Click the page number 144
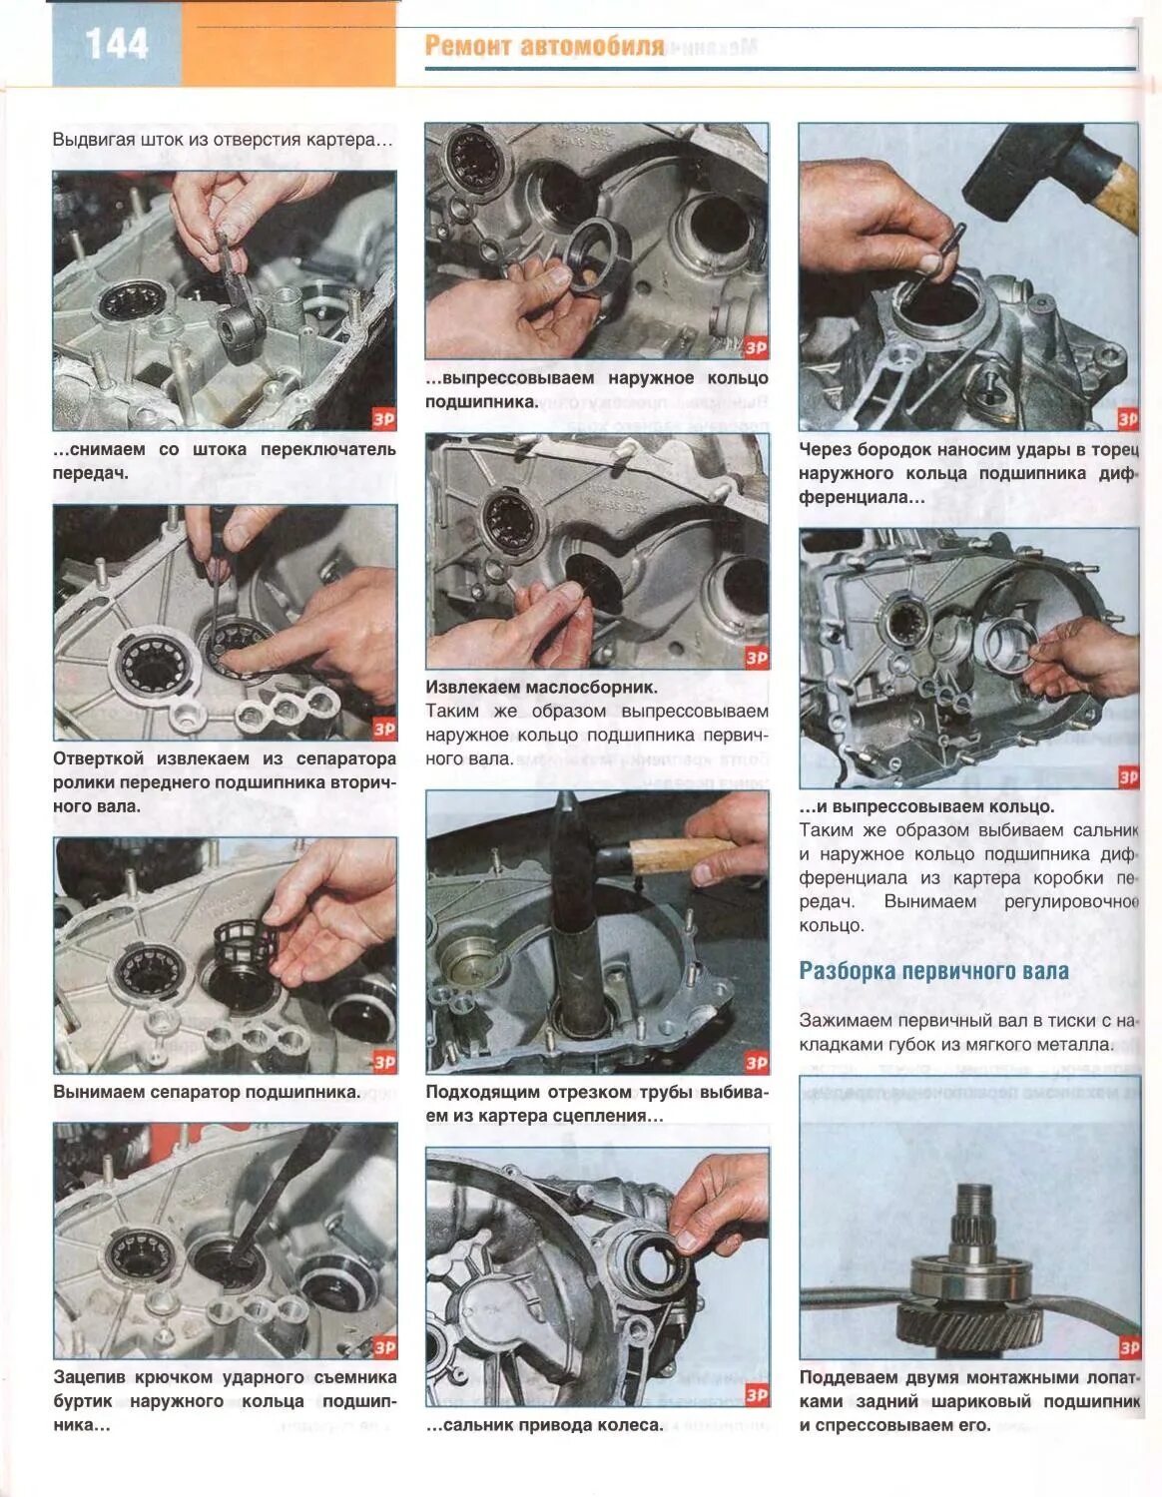tap(117, 44)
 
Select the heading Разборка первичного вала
tap(934, 971)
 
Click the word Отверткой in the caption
tap(100, 758)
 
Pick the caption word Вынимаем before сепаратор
tap(98, 1092)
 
